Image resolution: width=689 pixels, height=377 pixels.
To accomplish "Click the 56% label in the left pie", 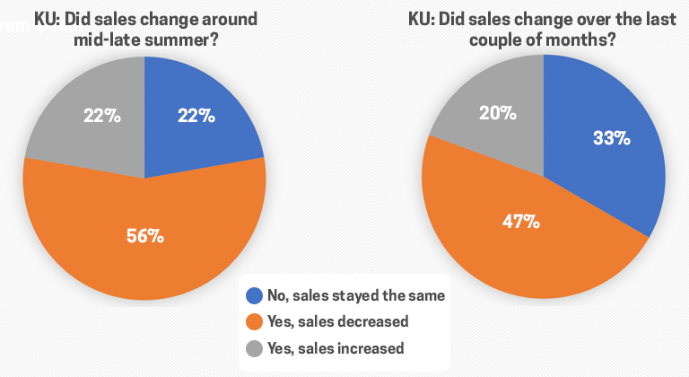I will coord(144,236).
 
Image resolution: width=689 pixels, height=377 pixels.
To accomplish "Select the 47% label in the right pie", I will coord(520,220).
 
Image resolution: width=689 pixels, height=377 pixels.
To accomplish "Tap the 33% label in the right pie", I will coord(611,138).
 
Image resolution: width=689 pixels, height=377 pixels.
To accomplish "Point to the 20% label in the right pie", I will coord(497,113).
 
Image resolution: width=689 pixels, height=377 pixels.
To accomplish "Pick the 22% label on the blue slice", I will coord(195,115).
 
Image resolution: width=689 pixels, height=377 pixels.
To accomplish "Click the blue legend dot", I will coord(256,294).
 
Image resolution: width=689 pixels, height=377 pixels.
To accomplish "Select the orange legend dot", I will coord(256,321).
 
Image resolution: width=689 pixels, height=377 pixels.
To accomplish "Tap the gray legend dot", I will coord(256,348).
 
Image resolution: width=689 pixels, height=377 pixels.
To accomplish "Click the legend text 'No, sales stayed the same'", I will coord(356,294).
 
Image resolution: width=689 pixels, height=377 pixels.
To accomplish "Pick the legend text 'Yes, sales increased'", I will coord(337,348).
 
